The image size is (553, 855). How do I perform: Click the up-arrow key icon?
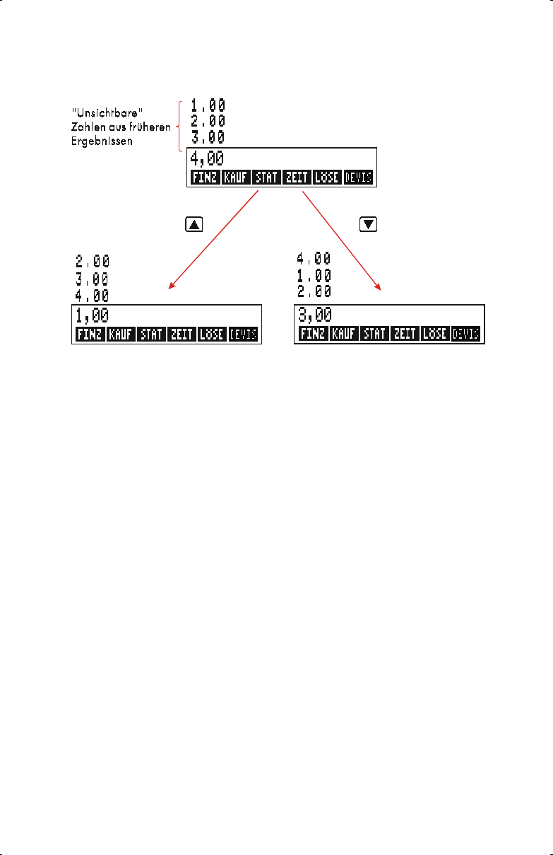pos(194,224)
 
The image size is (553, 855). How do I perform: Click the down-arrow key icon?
pos(369,224)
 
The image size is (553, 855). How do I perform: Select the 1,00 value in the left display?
pos(93,315)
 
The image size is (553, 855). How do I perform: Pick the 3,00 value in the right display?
pos(314,315)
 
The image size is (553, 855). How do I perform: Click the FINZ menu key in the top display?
pos(204,178)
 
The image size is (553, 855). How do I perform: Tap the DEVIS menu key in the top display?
pos(359,178)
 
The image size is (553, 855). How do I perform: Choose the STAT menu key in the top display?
pos(266,178)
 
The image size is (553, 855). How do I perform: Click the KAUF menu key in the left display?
pos(120,334)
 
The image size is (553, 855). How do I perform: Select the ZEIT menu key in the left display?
pos(182,334)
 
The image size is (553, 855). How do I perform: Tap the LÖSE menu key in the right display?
pos(434,334)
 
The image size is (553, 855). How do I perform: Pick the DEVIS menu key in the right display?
pos(465,334)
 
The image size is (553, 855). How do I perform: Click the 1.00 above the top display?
pos(208,105)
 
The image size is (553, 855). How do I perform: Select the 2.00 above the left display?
pos(93,262)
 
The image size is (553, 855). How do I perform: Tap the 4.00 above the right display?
pos(314,259)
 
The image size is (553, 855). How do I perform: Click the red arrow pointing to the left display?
pos(212,240)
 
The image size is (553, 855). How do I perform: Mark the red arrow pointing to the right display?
pos(343,240)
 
